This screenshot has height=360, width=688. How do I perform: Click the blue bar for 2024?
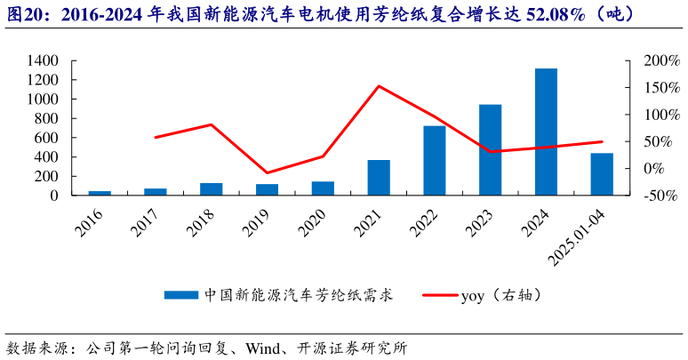pos(546,132)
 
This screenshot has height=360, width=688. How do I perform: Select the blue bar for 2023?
pos(490,149)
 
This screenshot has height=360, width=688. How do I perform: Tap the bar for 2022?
pos(434,160)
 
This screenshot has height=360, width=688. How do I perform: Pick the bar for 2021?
pos(379,177)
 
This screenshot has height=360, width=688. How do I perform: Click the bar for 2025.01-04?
pos(602,173)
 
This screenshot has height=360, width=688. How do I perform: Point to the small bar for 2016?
pos(100,193)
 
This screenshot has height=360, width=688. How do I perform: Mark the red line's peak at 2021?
pos(379,86)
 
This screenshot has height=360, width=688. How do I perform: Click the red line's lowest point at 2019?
pos(267,172)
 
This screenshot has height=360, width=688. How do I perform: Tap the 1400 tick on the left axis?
pos(43,60)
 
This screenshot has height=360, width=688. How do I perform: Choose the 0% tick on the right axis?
pos(646,168)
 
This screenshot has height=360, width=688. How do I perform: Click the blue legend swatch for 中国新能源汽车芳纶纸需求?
pos(181,294)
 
